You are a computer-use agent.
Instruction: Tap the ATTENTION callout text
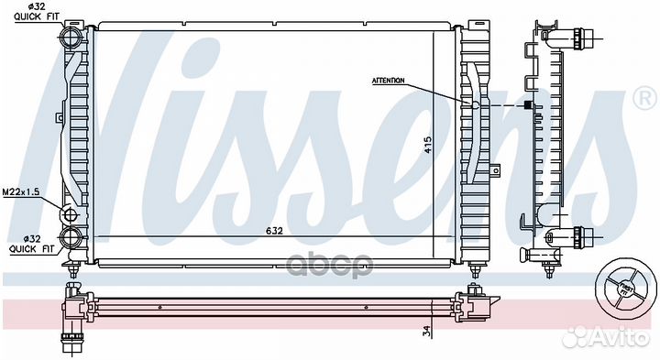pyautogui.click(x=389, y=81)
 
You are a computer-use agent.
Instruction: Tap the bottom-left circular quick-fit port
pyautogui.click(x=70, y=240)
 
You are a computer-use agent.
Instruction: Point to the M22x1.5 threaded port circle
pyautogui.click(x=69, y=216)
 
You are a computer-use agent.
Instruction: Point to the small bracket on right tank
pyautogui.click(x=496, y=169)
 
